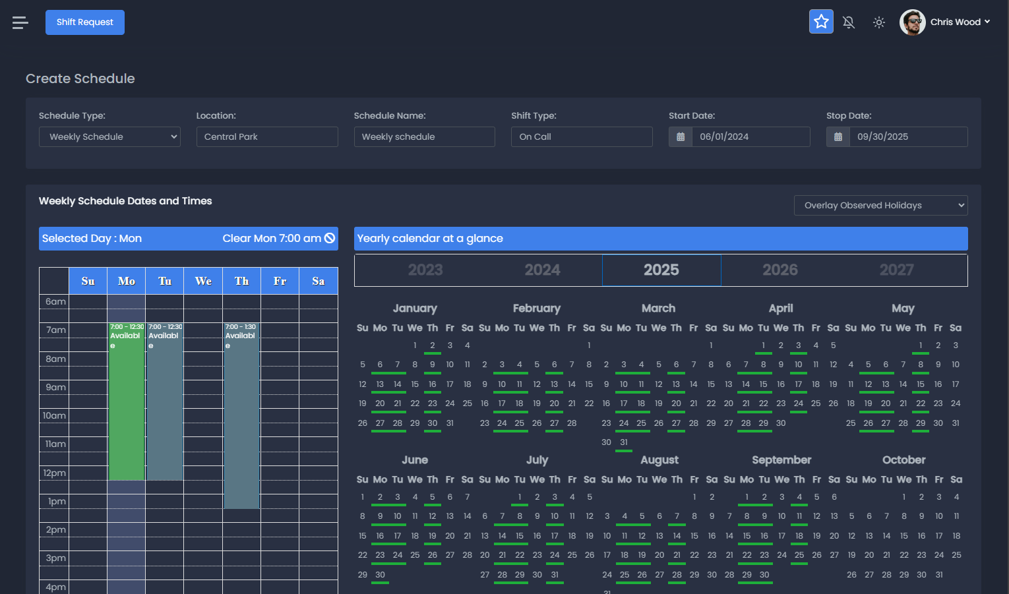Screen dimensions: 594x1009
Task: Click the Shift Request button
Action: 84,22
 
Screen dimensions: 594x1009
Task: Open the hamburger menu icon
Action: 20,23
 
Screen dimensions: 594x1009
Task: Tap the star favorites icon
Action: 821,22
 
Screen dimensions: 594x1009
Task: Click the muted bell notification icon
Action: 849,22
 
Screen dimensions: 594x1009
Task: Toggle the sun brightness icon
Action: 879,22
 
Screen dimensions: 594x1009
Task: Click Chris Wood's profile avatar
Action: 913,22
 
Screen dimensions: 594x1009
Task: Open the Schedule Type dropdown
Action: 109,137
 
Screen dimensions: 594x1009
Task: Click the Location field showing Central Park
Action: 267,137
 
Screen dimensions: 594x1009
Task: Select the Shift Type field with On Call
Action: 582,137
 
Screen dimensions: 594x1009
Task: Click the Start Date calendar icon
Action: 681,137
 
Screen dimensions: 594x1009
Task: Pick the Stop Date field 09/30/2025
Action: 908,137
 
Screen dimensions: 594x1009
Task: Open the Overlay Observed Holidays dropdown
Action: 880,206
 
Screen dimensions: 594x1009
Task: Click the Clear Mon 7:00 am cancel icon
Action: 330,238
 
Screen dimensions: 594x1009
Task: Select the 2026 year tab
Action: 780,270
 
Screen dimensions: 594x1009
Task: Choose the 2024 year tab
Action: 542,270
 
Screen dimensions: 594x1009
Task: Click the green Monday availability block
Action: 127,402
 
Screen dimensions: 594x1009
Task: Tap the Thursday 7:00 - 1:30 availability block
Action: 241,415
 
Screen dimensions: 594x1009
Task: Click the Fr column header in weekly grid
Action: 280,282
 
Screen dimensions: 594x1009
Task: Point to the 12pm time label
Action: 55,473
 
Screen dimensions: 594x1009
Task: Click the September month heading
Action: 781,460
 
